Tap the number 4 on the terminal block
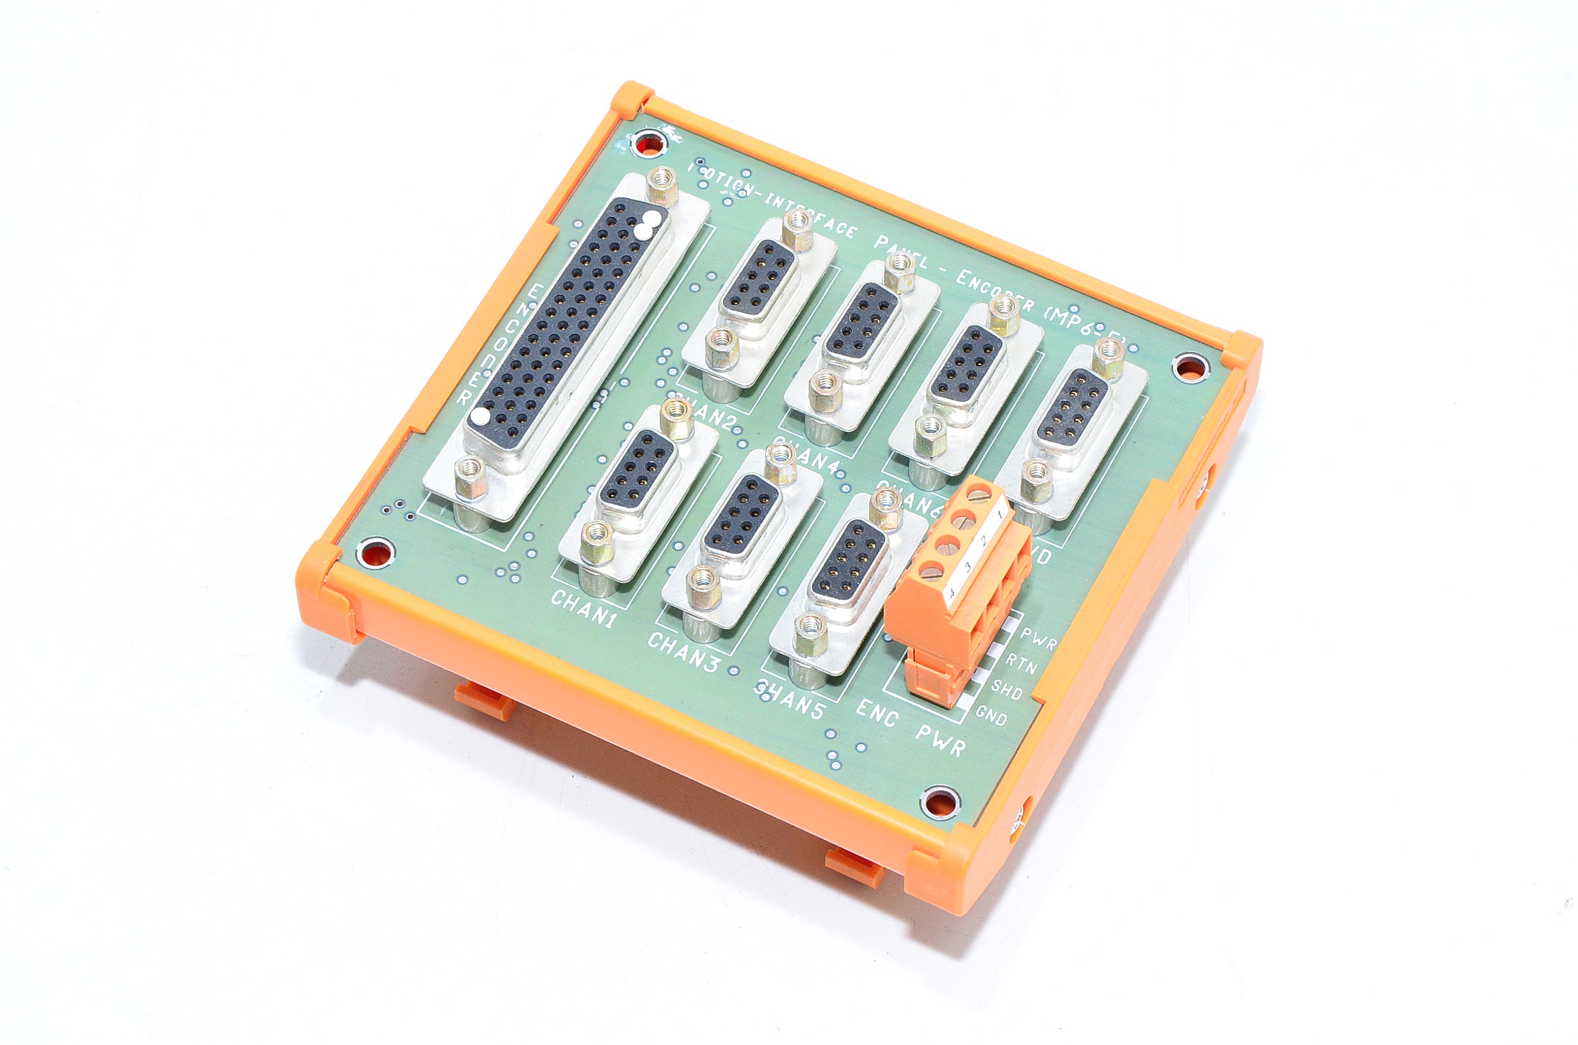(951, 592)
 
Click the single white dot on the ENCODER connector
(478, 417)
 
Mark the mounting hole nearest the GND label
(940, 802)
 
